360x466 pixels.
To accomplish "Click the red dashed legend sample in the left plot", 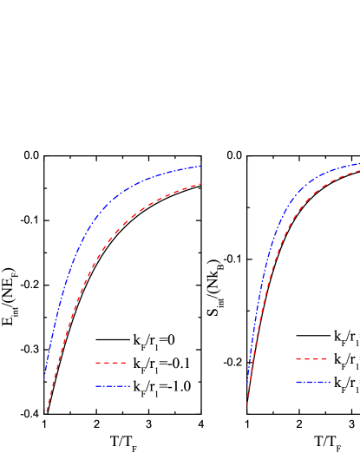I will pyautogui.click(x=111, y=363).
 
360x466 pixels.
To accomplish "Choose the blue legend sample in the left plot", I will pyautogui.click(x=113, y=386).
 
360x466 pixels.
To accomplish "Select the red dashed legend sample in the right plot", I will pyautogui.click(x=311, y=359).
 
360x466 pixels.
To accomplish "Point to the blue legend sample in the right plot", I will pyautogui.click(x=312, y=382).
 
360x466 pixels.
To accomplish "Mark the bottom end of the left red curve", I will pyautogui.click(x=46, y=411).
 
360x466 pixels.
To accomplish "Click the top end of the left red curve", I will pyautogui.click(x=201, y=184).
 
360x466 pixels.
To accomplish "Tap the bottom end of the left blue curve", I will pyautogui.click(x=44, y=379).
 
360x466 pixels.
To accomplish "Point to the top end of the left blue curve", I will pyautogui.click(x=201, y=165).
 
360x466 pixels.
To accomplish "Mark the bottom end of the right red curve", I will pyautogui.click(x=247, y=404).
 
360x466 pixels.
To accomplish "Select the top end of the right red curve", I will pyautogui.click(x=359, y=170).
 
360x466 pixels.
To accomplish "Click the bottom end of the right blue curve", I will pyautogui.click(x=249, y=378).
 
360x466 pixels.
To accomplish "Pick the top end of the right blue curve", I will pyautogui.click(x=359, y=163).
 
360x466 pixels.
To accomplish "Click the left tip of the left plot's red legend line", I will pyautogui.click(x=95, y=363).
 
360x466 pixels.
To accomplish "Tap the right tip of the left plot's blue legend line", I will pyautogui.click(x=130, y=386).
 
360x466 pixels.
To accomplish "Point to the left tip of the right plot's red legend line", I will pyautogui.click(x=296, y=359).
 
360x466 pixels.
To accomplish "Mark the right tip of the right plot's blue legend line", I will pyautogui.click(x=331, y=382).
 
